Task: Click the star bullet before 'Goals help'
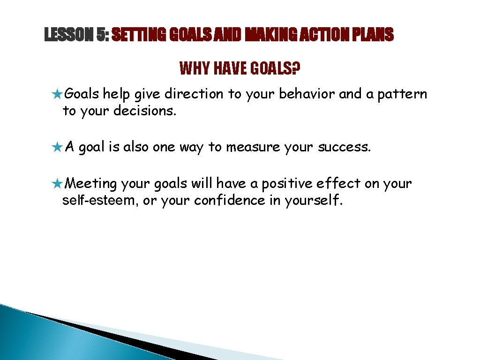(x=58, y=95)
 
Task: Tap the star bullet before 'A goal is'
(x=58, y=148)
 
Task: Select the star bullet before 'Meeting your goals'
(x=58, y=184)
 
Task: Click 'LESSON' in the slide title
(x=68, y=35)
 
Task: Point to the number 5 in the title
(x=102, y=35)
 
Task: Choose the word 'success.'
(x=345, y=147)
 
